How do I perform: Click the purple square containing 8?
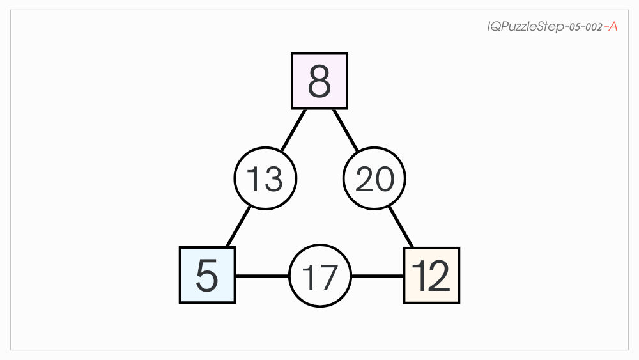(319, 81)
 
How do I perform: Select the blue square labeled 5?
(208, 275)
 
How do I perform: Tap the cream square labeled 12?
(431, 275)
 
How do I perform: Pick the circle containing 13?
(265, 178)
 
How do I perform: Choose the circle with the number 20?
(374, 178)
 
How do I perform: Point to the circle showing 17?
(320, 276)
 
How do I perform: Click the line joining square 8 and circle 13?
(293, 130)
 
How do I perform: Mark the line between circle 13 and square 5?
(238, 227)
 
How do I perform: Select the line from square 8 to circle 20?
(346, 130)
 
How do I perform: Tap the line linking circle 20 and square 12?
(401, 227)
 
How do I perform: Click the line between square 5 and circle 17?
(263, 276)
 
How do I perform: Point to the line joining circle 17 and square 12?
(378, 276)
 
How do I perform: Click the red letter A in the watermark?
(613, 26)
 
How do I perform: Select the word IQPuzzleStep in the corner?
(526, 27)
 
